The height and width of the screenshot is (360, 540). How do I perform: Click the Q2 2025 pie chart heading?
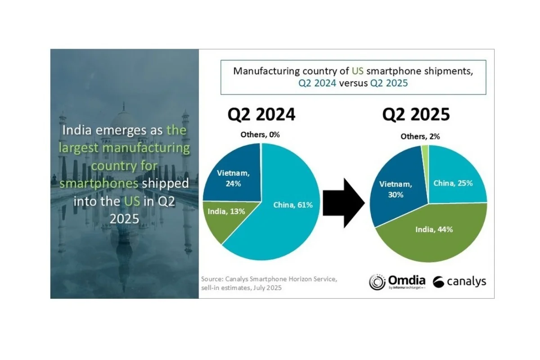tap(416, 115)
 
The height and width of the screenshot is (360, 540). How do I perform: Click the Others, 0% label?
tap(260, 135)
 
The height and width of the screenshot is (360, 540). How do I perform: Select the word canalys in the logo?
tap(467, 282)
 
